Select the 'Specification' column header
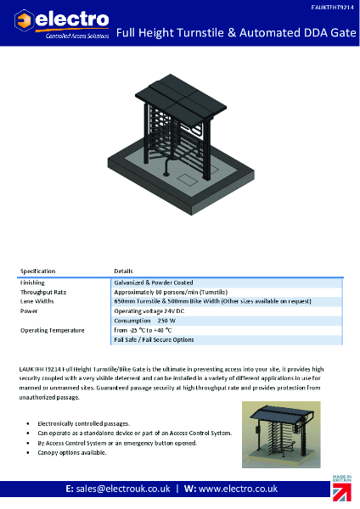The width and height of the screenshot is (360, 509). (x=38, y=271)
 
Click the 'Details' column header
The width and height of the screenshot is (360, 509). (x=124, y=271)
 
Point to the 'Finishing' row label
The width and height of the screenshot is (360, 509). (x=33, y=282)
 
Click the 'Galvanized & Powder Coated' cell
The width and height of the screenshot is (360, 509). (x=154, y=282)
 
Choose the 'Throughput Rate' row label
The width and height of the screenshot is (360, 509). (x=43, y=291)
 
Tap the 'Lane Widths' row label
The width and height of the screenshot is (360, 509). (x=37, y=301)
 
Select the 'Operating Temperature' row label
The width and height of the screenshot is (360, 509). (x=52, y=330)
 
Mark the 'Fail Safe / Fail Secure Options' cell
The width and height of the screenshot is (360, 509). (x=154, y=339)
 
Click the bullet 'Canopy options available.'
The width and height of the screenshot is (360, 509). (x=73, y=453)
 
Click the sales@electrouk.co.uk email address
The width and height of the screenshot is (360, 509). (x=124, y=490)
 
